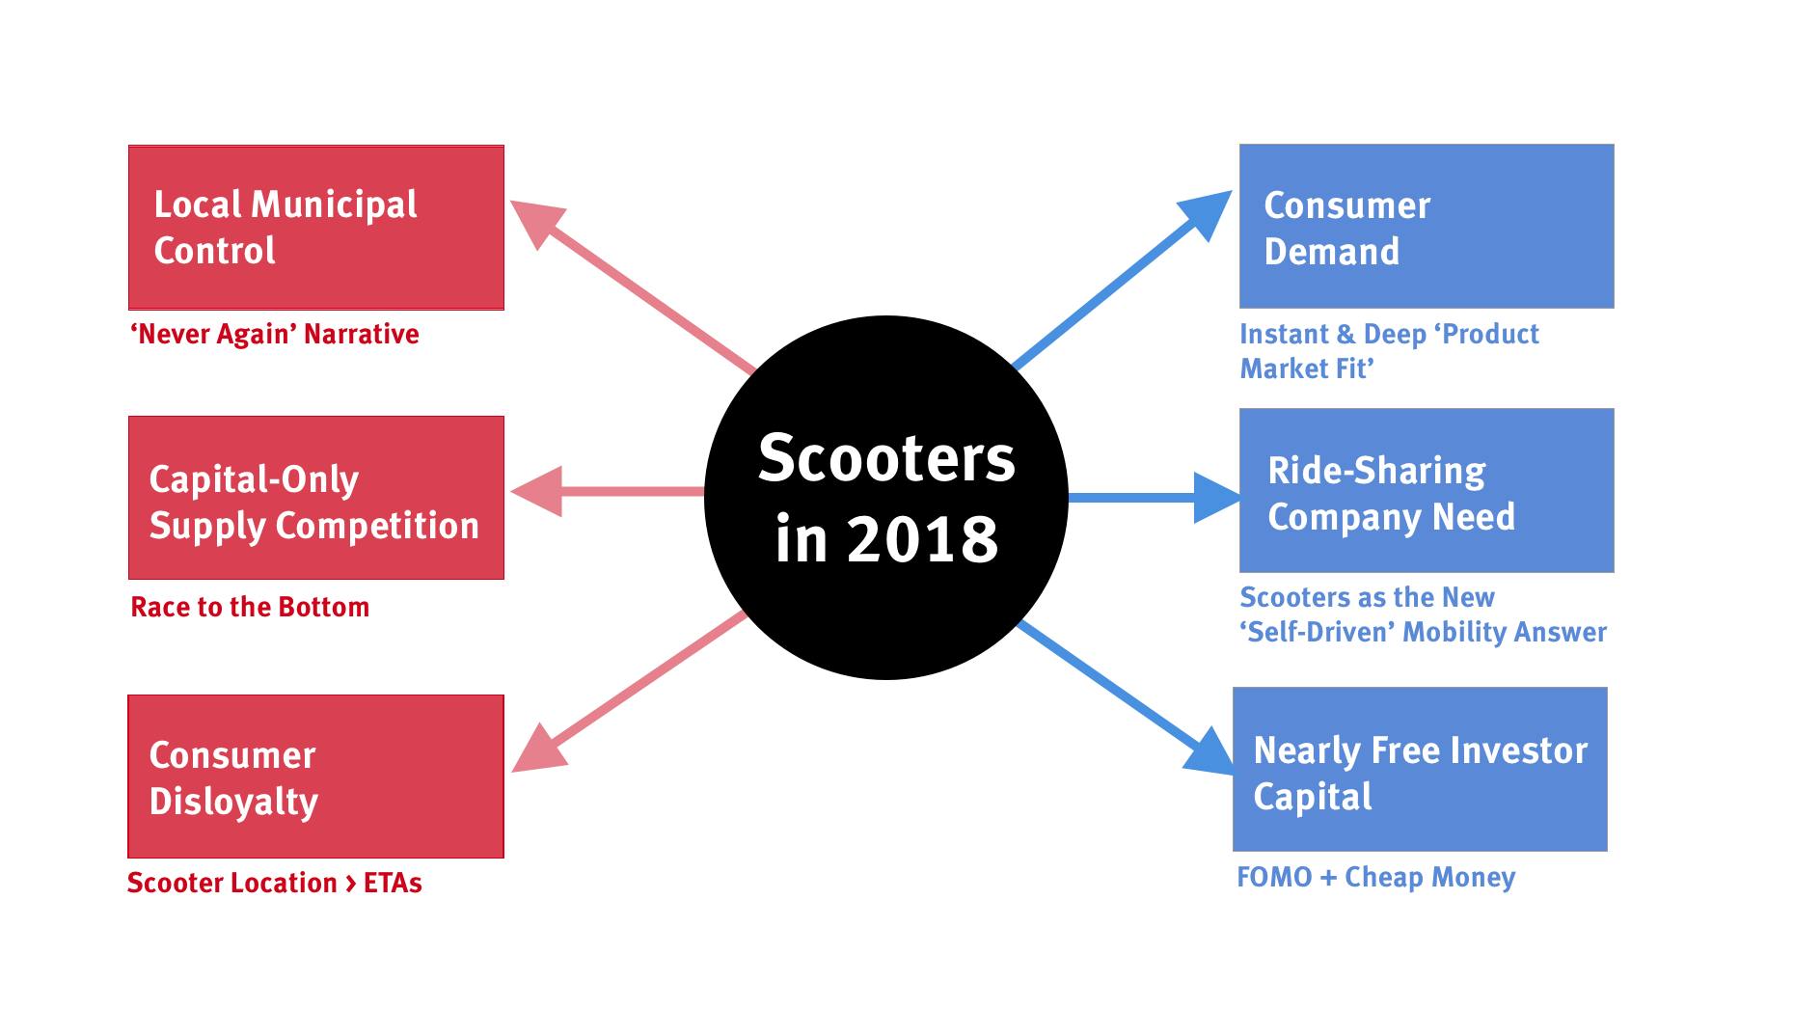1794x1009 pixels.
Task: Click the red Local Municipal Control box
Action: (x=315, y=228)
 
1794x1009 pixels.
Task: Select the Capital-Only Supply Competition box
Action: (x=315, y=498)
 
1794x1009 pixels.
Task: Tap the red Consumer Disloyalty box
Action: (x=315, y=777)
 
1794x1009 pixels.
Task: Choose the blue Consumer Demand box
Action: (x=1426, y=227)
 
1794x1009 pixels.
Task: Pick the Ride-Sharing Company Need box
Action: (x=1426, y=490)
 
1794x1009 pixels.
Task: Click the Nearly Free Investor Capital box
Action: (x=1420, y=769)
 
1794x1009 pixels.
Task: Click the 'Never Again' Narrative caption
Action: (x=275, y=335)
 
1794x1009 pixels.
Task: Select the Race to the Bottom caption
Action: (x=250, y=607)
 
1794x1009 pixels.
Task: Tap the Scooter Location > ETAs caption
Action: (x=275, y=883)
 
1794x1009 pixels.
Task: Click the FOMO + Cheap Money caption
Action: (x=1376, y=877)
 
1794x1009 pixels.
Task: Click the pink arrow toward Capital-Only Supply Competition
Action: (x=617, y=492)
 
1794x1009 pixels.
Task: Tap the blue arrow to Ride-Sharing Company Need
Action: (x=1148, y=498)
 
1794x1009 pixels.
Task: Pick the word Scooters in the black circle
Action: (x=886, y=457)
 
